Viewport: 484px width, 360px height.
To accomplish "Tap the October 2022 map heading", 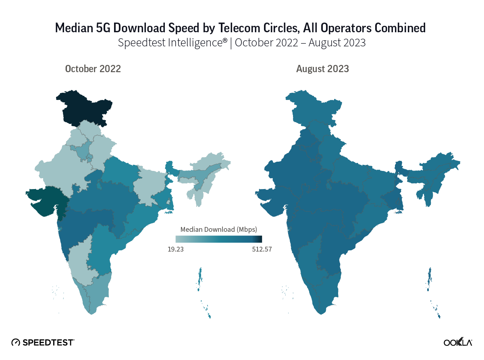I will coord(93,69).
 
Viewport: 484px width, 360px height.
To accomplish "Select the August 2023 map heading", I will coord(322,69).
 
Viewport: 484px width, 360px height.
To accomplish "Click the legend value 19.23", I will coord(176,249).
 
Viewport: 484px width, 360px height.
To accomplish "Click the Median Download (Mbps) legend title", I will coord(219,229).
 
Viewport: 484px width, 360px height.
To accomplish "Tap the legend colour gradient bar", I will coord(219,239).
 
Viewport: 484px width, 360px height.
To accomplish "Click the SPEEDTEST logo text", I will coord(48,342).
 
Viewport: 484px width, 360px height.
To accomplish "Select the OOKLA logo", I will coord(458,342).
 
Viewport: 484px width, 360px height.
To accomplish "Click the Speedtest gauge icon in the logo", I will coord(16,342).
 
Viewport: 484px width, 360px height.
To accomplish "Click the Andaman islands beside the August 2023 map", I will coord(430,278).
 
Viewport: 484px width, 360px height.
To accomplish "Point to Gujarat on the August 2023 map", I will coord(274,198).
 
